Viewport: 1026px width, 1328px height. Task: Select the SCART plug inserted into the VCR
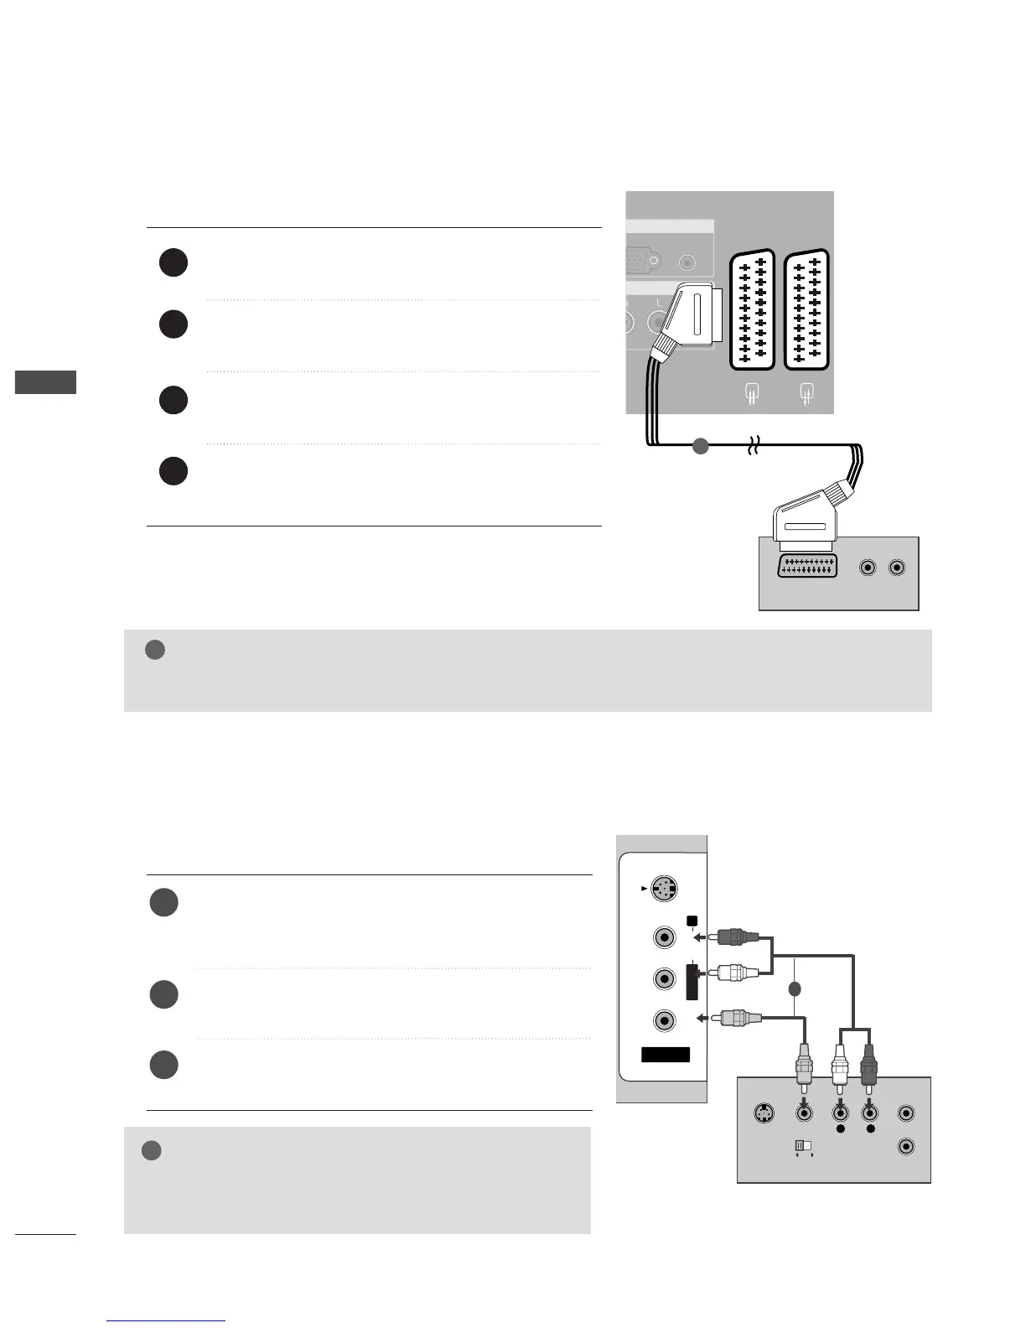click(804, 523)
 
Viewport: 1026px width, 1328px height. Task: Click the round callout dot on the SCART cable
click(701, 447)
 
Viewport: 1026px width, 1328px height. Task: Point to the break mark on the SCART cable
click(752, 449)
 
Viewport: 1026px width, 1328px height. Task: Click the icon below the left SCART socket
click(752, 393)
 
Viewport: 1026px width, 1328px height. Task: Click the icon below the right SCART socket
click(806, 393)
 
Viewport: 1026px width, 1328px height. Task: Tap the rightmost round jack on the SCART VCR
click(897, 568)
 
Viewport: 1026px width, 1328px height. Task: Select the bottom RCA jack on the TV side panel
click(664, 1019)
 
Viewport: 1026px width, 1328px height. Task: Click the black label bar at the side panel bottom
click(665, 1055)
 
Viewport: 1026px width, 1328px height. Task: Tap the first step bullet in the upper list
click(173, 263)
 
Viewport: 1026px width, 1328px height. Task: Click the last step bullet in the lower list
click(163, 1065)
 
